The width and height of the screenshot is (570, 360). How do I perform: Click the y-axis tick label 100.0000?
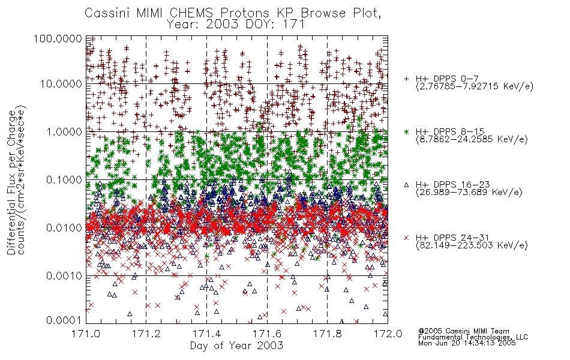tap(58, 38)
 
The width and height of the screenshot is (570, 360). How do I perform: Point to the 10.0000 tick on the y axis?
tap(61, 84)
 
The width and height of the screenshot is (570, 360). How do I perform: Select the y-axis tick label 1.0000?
tap(64, 131)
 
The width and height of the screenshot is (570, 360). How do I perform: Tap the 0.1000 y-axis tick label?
tap(64, 179)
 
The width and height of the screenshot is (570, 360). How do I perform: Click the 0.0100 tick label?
tap(64, 228)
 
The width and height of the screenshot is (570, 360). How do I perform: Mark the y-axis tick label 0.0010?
tap(64, 276)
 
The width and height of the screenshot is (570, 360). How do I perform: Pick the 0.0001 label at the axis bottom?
tap(64, 320)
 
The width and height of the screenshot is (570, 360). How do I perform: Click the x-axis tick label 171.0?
tap(86, 334)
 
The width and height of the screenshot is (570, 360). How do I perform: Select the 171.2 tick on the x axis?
tap(146, 334)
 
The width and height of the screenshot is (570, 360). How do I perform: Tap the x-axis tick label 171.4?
tap(206, 334)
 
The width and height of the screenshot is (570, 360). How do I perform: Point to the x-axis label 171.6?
tap(267, 334)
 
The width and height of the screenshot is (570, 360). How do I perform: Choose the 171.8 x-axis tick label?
tap(327, 334)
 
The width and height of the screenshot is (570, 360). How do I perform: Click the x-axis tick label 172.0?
tap(388, 334)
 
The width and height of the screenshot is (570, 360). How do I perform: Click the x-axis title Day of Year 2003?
tap(236, 346)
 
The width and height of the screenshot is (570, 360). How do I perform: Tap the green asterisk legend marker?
tap(406, 131)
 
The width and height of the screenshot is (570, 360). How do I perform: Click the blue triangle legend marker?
tap(406, 185)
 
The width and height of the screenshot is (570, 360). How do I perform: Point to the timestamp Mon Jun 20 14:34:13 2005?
tap(467, 343)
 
